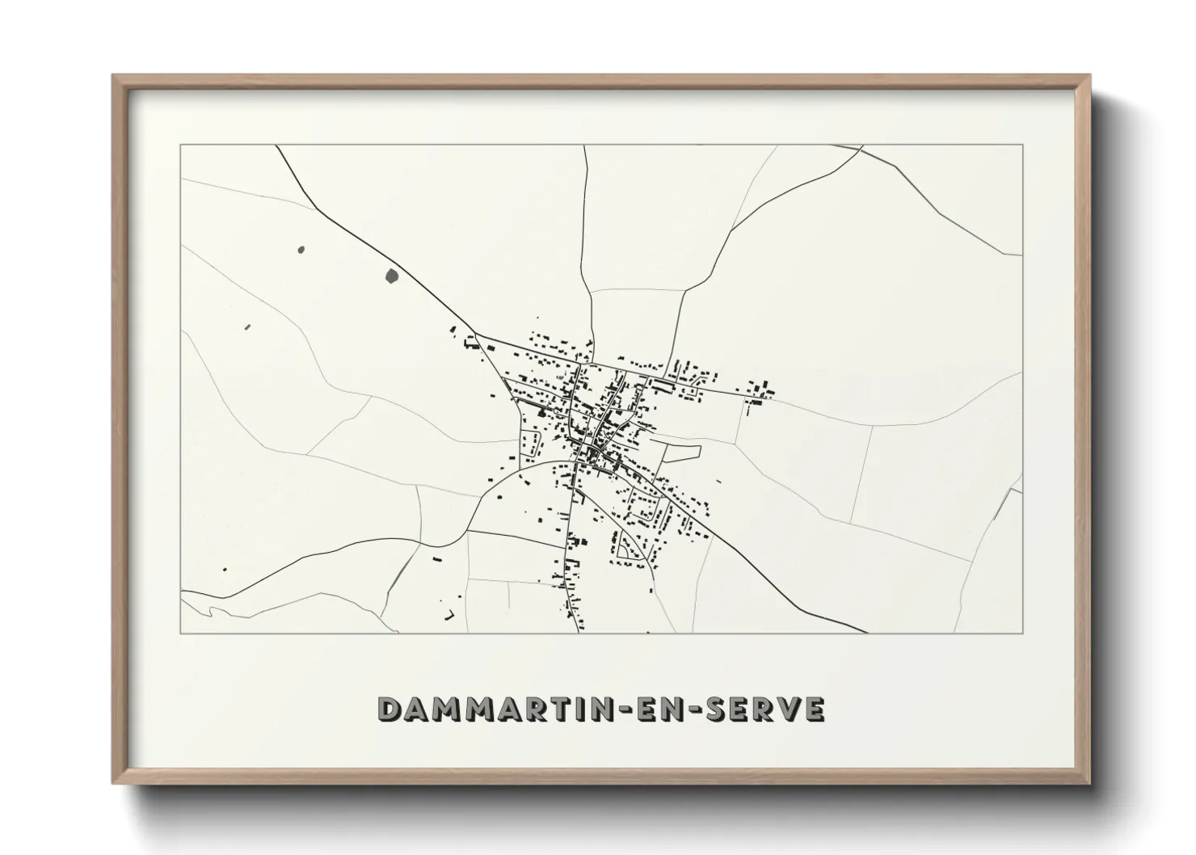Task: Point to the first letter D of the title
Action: click(x=390, y=709)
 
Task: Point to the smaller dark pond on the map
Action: click(x=301, y=250)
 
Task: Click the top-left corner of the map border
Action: click(x=180, y=145)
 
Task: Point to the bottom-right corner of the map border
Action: click(x=1023, y=633)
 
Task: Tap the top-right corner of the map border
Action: click(x=1023, y=145)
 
